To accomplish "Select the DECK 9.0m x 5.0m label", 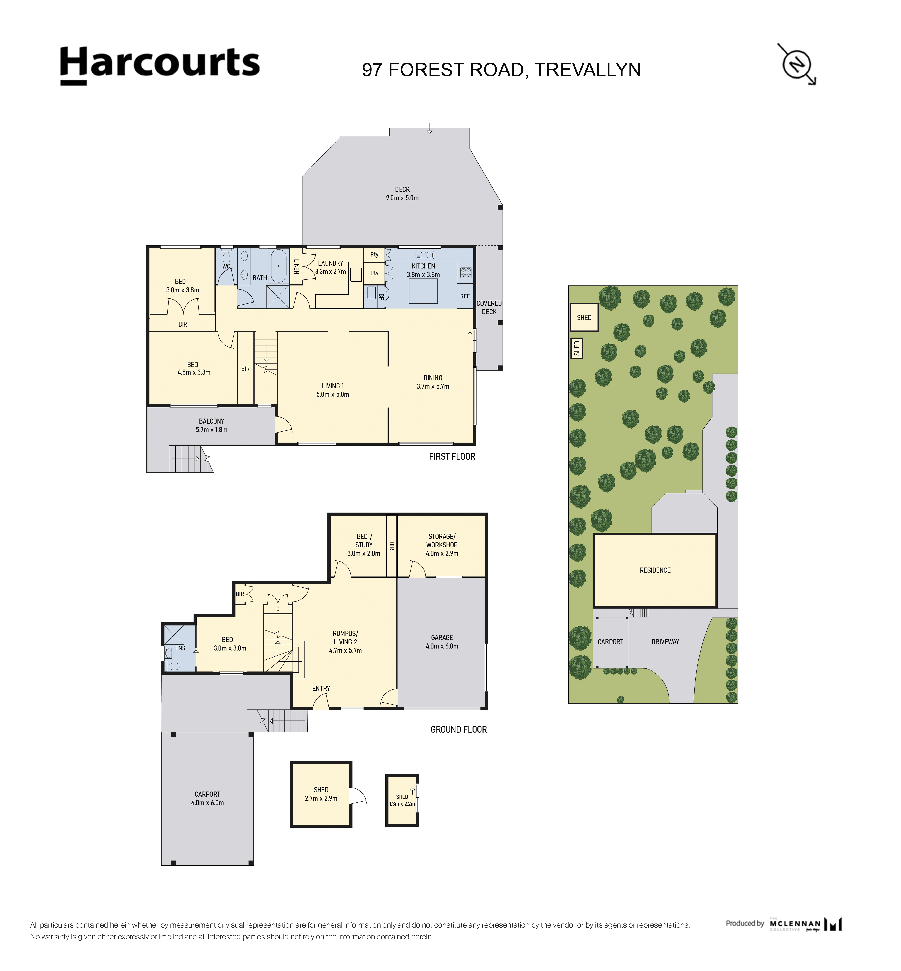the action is pyautogui.click(x=402, y=194).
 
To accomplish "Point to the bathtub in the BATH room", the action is pyautogui.click(x=279, y=266).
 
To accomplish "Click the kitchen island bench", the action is pyautogui.click(x=423, y=291).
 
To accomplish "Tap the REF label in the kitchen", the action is pyautogui.click(x=465, y=296).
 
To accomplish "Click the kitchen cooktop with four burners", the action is pyautogui.click(x=466, y=273).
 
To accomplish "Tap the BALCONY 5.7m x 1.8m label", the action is pyautogui.click(x=212, y=425).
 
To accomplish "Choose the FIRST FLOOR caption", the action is pyautogui.click(x=452, y=457).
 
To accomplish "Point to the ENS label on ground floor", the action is pyautogui.click(x=180, y=648).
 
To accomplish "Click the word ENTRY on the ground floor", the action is pyautogui.click(x=321, y=689).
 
